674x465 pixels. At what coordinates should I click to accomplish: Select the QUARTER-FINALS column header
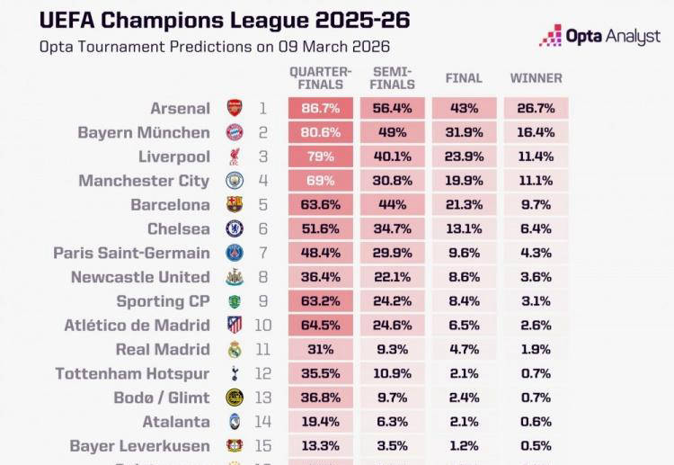point(320,78)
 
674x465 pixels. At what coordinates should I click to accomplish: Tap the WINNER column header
point(536,78)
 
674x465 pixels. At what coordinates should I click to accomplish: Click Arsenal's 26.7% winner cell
point(536,109)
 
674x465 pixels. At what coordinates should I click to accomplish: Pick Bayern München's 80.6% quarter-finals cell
point(320,133)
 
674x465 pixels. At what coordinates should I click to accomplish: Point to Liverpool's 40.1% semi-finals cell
point(392,156)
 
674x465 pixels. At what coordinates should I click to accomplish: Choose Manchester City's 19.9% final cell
point(464,181)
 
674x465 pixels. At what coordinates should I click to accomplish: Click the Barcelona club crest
point(235,205)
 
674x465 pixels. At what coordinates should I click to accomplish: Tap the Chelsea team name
point(179,229)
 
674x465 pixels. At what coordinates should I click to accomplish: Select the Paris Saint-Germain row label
point(131,253)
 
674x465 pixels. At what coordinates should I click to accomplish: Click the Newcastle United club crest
point(235,277)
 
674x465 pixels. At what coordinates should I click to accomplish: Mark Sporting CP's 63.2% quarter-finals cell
point(320,301)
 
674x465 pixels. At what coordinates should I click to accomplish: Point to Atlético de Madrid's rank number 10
point(262,326)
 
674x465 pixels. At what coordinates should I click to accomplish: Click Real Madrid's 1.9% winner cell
point(536,349)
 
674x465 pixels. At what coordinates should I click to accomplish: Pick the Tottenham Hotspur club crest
point(235,373)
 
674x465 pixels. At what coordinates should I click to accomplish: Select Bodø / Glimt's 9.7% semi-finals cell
point(392,398)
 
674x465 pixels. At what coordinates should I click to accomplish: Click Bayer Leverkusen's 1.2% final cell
point(464,445)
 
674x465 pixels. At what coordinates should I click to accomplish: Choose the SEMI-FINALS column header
point(392,78)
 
